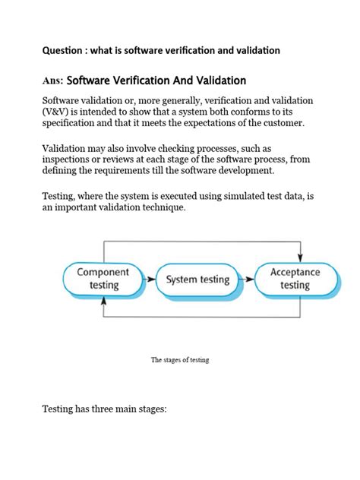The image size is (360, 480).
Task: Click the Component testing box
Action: click(103, 279)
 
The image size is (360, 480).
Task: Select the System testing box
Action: click(197, 279)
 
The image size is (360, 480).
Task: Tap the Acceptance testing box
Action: click(295, 279)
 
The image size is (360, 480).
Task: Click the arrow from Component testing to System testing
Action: click(147, 279)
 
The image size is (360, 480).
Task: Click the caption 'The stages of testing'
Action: click(180, 360)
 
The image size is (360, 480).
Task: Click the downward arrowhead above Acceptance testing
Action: click(302, 254)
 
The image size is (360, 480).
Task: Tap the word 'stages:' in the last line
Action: click(148, 410)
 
